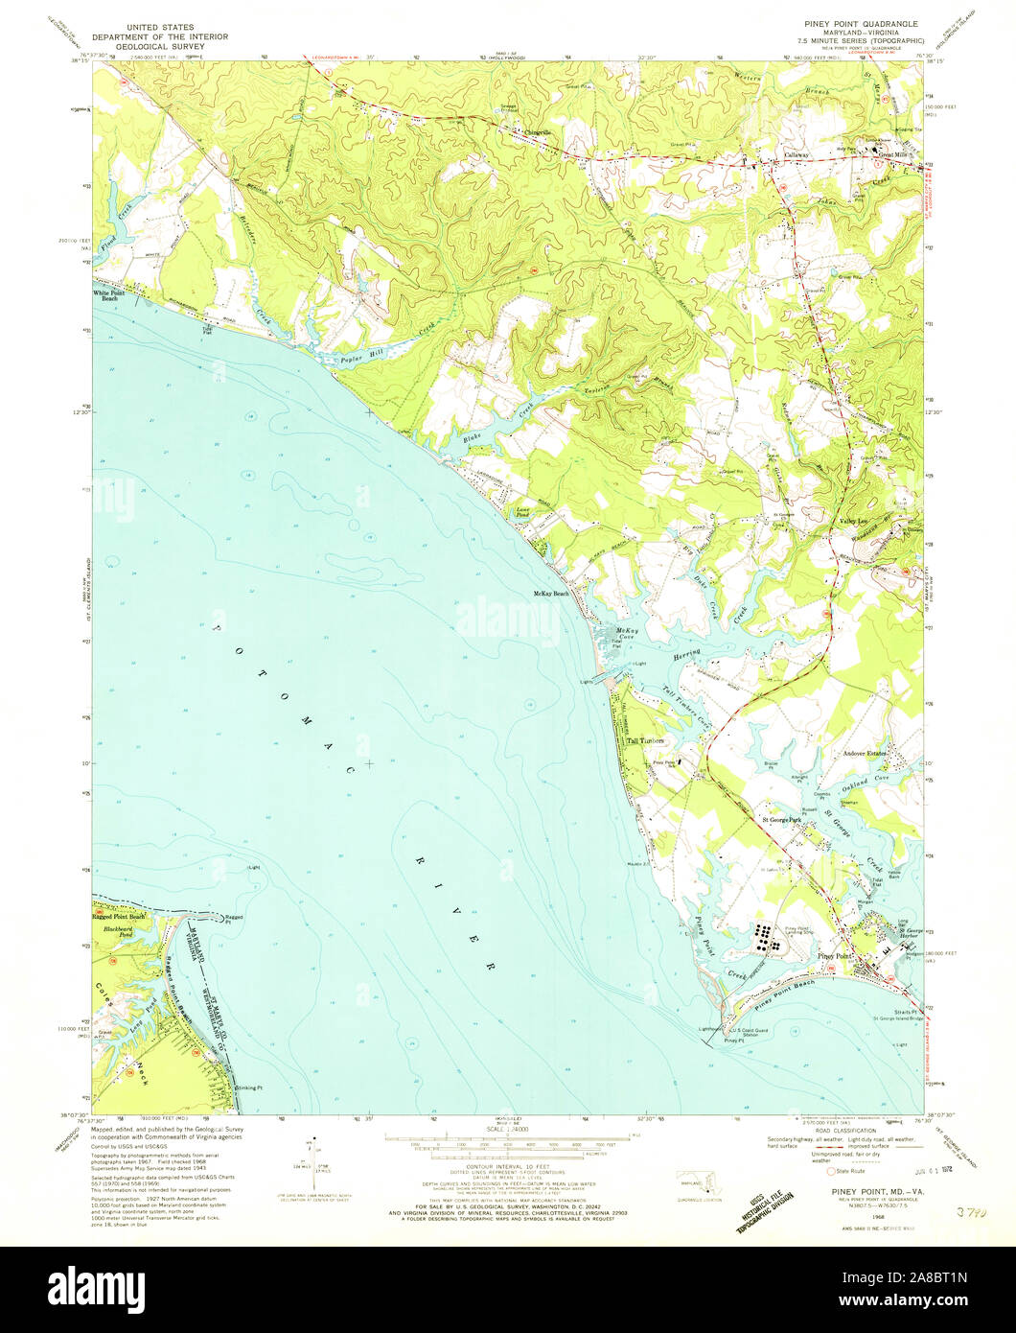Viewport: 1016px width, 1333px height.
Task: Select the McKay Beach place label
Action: [x=552, y=594]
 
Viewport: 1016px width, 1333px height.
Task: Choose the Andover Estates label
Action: [x=866, y=754]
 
